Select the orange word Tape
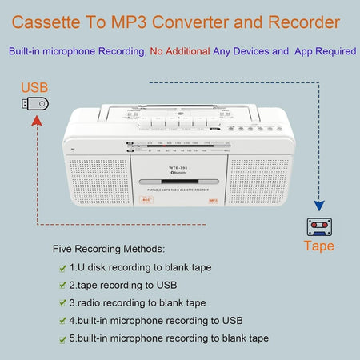coord(318,246)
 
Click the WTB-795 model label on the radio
coord(180,166)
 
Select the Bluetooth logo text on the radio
coord(180,172)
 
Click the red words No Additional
coord(179,51)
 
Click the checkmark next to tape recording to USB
coord(62,285)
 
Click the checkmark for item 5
coord(62,338)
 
